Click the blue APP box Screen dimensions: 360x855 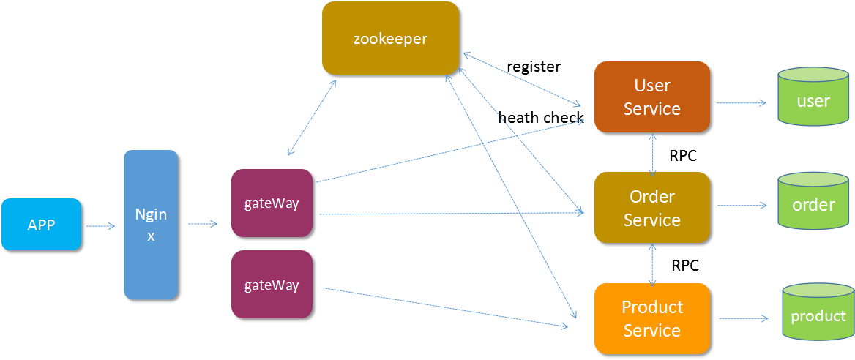click(x=41, y=225)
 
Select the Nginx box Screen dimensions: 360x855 click(x=151, y=225)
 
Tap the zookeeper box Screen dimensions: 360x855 click(x=390, y=38)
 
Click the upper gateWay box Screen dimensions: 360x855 click(x=272, y=203)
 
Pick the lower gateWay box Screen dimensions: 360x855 click(x=272, y=285)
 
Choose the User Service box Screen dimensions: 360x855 click(x=651, y=97)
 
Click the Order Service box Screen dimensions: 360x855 click(x=651, y=208)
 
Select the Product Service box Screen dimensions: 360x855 click(x=651, y=318)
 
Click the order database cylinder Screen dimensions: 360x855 click(x=813, y=201)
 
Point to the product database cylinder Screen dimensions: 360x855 click(x=818, y=313)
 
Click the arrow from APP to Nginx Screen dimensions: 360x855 click(x=100, y=226)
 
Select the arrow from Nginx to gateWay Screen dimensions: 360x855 click(x=203, y=224)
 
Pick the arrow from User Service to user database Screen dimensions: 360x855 click(x=742, y=103)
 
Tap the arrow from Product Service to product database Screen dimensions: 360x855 click(x=744, y=318)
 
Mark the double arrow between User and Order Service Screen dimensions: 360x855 click(x=652, y=153)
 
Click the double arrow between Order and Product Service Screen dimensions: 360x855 click(x=652, y=263)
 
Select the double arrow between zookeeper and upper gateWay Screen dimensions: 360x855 click(x=312, y=118)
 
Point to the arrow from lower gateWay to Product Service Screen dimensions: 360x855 click(x=447, y=307)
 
